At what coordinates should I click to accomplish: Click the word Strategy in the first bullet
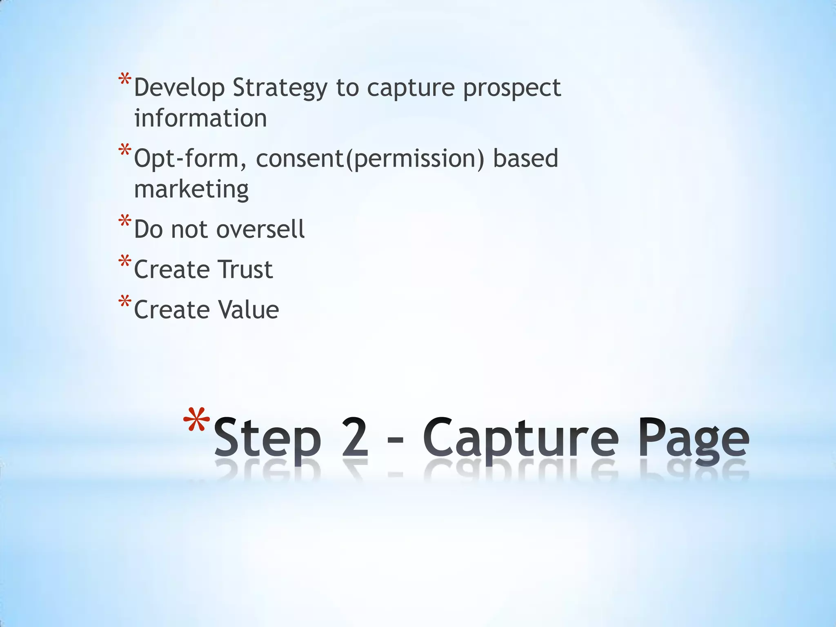click(280, 88)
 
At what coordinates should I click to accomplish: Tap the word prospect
click(512, 88)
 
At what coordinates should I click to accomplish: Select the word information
click(200, 118)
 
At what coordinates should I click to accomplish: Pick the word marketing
click(191, 189)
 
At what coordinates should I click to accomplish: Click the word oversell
click(260, 229)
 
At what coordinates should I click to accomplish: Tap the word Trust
click(245, 269)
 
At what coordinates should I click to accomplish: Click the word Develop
click(179, 88)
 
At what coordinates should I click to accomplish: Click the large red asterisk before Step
click(196, 420)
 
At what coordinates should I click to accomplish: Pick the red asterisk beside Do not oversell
click(125, 222)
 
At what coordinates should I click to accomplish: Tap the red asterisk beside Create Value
click(125, 302)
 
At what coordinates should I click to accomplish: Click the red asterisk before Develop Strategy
click(125, 80)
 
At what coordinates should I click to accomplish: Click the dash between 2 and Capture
click(395, 441)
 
